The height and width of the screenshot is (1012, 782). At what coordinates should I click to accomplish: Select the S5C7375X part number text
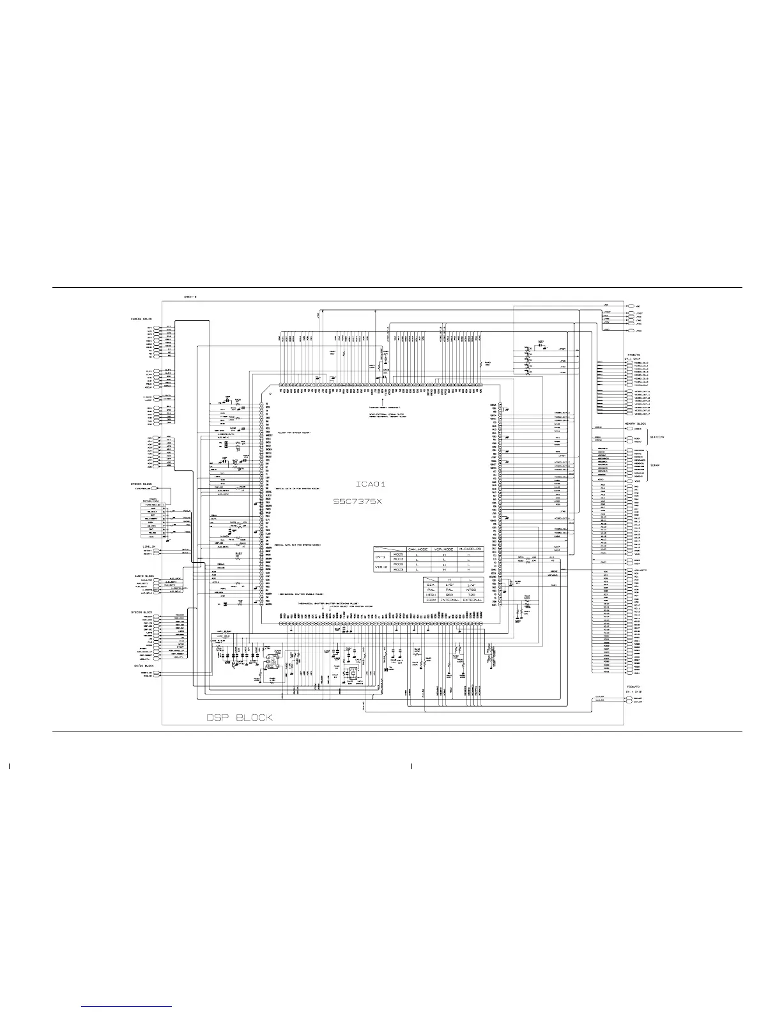[358, 502]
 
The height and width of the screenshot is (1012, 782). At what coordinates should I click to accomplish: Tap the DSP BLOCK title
[240, 717]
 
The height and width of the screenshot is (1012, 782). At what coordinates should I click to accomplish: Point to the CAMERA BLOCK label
[141, 318]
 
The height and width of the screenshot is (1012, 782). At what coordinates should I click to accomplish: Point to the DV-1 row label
[379, 556]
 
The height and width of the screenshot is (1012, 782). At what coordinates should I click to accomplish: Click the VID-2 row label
[379, 567]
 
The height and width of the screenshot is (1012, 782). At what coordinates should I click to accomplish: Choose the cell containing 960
[447, 594]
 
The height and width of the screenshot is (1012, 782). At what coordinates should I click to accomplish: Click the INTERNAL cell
[447, 600]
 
